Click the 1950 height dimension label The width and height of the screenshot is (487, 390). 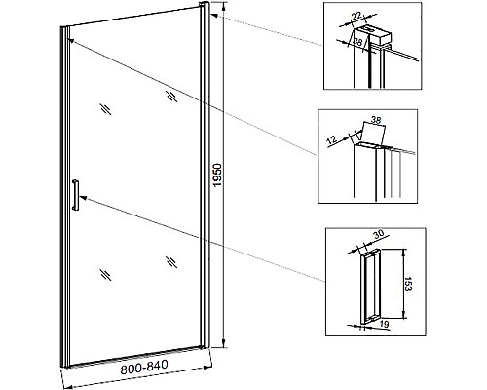217,175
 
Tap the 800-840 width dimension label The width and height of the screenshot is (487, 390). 144,367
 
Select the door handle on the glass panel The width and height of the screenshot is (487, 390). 76,195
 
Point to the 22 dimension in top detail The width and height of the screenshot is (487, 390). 356,17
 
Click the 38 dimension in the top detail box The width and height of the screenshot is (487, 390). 357,42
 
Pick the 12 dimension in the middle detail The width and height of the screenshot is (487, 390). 331,140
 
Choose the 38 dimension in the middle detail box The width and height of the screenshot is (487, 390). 376,120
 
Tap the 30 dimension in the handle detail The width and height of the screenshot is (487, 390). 379,234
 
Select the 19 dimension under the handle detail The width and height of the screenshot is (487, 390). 384,324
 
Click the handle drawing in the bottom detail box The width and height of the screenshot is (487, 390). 370,287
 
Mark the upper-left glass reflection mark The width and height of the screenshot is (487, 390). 106,109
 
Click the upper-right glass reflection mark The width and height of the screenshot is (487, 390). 171,97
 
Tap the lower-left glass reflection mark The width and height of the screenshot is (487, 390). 106,275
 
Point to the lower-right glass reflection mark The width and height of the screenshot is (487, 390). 171,262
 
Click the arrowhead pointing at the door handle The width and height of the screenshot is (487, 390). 82,197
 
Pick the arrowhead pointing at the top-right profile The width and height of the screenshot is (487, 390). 214,15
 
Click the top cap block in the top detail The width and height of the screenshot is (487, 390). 372,34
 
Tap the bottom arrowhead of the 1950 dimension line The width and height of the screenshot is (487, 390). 223,343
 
